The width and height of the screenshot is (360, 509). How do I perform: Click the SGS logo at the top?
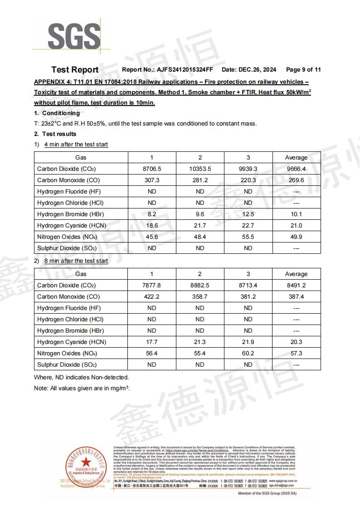pyautogui.click(x=74, y=35)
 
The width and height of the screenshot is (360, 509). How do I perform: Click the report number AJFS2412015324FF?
pyautogui.click(x=185, y=70)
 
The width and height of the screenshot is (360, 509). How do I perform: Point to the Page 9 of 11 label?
pyautogui.click(x=303, y=70)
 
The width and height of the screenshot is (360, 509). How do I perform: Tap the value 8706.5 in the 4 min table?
pyautogui.click(x=152, y=169)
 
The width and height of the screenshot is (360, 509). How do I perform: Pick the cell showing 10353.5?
pyautogui.click(x=200, y=169)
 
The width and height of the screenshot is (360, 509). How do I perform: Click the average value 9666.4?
pyautogui.click(x=296, y=169)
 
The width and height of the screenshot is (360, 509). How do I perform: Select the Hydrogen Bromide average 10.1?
pyautogui.click(x=296, y=214)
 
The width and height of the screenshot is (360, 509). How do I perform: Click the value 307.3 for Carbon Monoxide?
pyautogui.click(x=152, y=180)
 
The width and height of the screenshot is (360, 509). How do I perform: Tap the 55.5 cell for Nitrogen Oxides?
pyautogui.click(x=248, y=237)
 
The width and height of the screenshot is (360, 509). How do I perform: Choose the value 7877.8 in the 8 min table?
pyautogui.click(x=152, y=286)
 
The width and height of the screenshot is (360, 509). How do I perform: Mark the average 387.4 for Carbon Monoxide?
pyautogui.click(x=296, y=297)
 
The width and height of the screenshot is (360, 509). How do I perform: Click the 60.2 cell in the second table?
pyautogui.click(x=248, y=354)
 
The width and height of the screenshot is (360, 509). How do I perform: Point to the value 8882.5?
pyautogui.click(x=200, y=286)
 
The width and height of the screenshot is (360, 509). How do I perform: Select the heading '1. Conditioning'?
pyautogui.click(x=57, y=113)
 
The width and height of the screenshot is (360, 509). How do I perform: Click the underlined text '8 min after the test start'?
pyautogui.click(x=76, y=261)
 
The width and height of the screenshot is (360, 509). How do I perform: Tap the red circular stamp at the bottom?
pyautogui.click(x=87, y=467)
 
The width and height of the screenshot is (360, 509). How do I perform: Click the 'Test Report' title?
pyautogui.click(x=75, y=70)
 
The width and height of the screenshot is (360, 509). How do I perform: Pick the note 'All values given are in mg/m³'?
pyautogui.click(x=82, y=388)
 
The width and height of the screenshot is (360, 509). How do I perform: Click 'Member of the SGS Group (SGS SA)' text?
pyautogui.click(x=267, y=493)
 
